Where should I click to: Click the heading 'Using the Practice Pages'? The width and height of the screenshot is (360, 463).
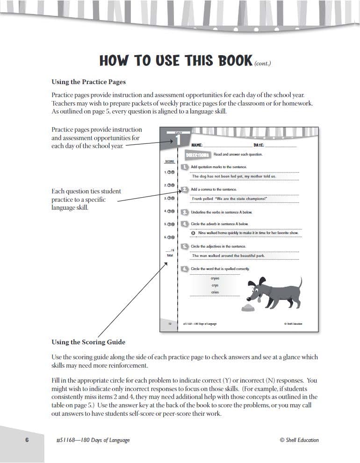coord(88,82)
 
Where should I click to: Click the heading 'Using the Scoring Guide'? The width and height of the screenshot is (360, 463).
coord(88,342)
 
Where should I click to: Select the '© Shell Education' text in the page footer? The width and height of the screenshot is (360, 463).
coord(299,440)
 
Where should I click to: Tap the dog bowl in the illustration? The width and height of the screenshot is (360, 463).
coord(247,307)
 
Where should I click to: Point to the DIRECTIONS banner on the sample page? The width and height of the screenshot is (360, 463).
coord(197,155)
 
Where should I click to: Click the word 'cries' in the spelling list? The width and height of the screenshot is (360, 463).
coord(215,292)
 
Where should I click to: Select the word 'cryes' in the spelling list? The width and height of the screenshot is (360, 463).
coord(215,278)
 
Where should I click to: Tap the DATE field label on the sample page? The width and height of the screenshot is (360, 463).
coord(259,145)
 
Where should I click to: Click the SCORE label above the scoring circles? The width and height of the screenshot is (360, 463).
coord(170,162)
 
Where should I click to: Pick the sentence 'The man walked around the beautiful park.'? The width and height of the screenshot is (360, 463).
coord(228,256)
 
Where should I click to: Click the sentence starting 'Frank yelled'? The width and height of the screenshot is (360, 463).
coord(229,199)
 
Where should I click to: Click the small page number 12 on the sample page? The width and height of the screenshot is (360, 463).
coord(170,323)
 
